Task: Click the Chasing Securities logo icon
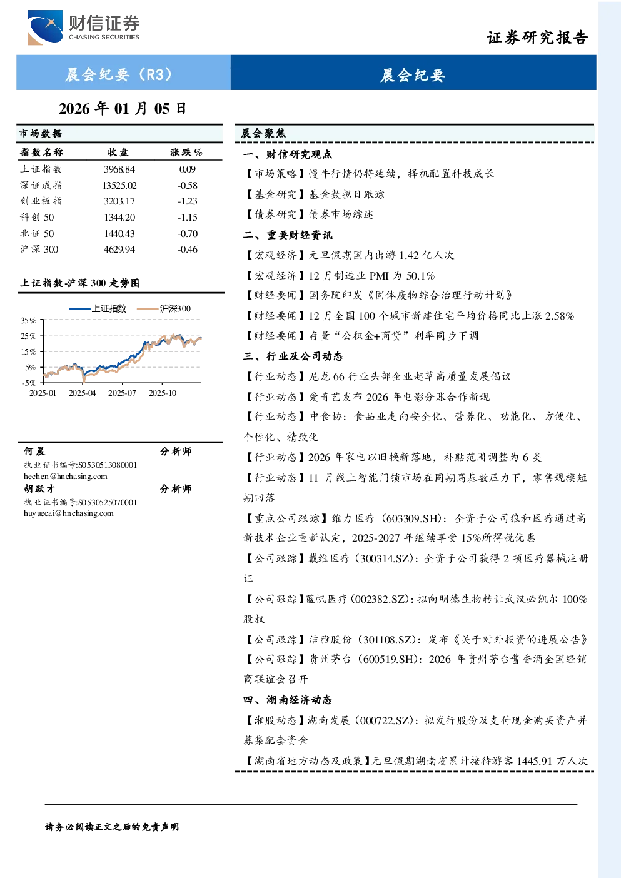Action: [x=45, y=27]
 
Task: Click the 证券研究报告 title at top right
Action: [x=537, y=38]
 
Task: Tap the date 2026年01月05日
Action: [x=123, y=108]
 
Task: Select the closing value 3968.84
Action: [x=119, y=169]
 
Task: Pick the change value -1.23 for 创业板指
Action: [x=188, y=201]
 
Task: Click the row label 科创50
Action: [x=37, y=217]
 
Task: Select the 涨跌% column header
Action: [x=186, y=152]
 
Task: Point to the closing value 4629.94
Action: [x=119, y=250]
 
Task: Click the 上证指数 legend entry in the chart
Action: [x=98, y=308]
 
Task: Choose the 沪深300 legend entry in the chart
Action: [x=164, y=308]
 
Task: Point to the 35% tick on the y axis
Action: [x=28, y=320]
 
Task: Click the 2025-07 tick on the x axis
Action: [x=122, y=393]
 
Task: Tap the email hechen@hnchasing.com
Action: [x=66, y=477]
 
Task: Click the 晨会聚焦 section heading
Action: [x=263, y=133]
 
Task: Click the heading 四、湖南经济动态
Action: [x=288, y=700]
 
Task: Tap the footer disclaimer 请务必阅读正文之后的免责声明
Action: [x=112, y=827]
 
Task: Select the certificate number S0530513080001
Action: [x=108, y=465]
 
